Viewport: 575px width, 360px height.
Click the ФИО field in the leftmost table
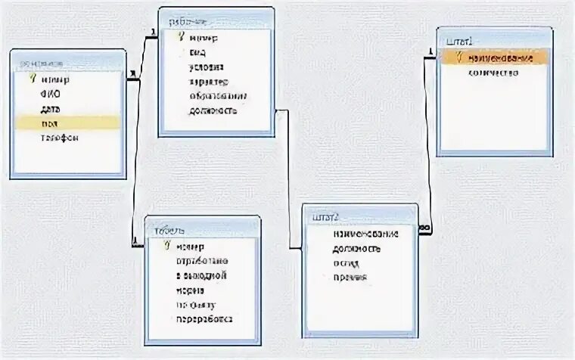click(x=51, y=94)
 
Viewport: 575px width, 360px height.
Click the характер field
click(x=208, y=82)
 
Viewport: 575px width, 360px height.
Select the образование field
click(x=217, y=96)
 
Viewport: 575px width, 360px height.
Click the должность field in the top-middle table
click(x=213, y=111)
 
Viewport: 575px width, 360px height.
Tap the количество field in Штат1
click(x=493, y=73)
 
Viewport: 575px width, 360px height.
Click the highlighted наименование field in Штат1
click(x=500, y=58)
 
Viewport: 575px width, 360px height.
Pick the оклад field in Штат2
click(x=346, y=262)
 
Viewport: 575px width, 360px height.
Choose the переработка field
click(x=204, y=319)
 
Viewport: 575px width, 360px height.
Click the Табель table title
click(x=169, y=231)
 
